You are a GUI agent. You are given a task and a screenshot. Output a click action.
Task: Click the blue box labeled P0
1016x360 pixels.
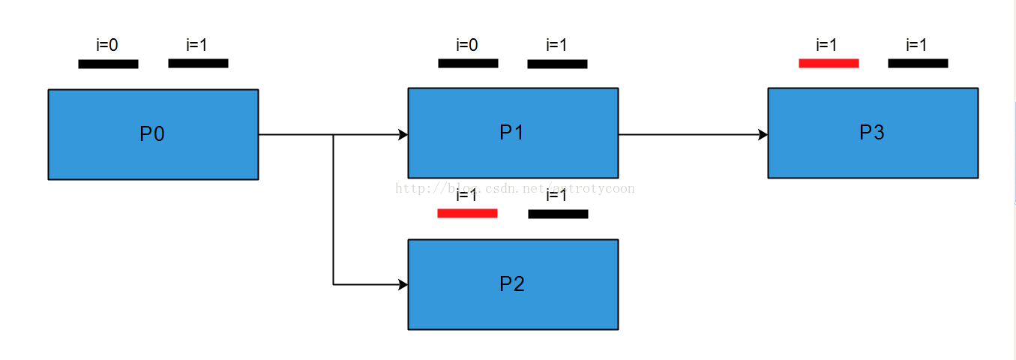153,134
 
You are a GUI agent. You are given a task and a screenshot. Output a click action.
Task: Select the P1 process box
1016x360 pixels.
513,133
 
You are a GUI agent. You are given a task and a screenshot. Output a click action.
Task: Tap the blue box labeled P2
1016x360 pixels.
513,284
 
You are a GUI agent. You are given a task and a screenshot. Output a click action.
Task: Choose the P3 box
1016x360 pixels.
873,133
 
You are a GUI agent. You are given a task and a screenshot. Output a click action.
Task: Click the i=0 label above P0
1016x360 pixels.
107,45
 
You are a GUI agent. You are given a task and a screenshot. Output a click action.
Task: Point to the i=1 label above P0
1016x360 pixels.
197,45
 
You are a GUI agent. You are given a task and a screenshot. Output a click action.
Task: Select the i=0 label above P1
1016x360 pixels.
467,45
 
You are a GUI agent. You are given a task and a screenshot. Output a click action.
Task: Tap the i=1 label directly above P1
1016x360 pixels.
557,45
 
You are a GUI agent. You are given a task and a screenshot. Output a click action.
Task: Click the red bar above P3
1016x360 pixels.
829,63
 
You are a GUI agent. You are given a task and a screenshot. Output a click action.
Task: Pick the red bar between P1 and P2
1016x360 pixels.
467,214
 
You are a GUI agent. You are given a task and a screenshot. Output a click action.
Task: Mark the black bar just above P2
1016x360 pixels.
558,214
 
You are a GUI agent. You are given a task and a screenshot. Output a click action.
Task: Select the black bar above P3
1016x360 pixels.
918,63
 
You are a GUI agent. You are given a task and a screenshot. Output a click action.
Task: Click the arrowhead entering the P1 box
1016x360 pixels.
403,135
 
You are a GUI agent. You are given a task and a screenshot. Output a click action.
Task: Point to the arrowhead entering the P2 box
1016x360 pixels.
403,285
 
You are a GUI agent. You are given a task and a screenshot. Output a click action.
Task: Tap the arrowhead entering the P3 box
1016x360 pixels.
763,135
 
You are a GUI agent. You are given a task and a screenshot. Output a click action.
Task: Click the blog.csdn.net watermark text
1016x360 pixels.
515,188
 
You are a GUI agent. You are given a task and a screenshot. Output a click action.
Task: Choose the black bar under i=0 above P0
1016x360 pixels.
108,64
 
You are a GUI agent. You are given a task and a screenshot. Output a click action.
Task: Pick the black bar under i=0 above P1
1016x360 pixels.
468,63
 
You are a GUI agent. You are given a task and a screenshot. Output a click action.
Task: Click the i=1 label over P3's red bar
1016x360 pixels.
827,45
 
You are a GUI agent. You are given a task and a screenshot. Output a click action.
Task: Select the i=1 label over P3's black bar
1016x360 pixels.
917,45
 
